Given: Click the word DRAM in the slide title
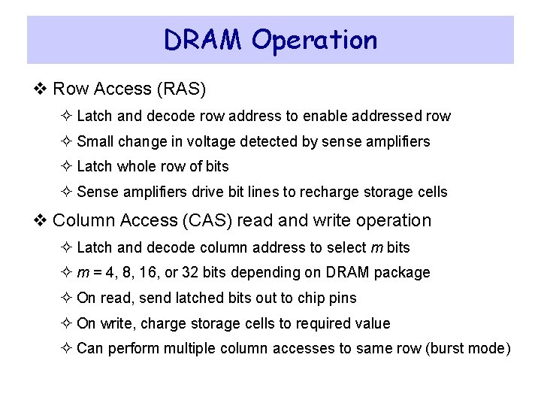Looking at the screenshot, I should click(x=204, y=40).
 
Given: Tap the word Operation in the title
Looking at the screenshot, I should click(x=315, y=41).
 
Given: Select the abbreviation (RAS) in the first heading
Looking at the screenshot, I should click(x=181, y=89).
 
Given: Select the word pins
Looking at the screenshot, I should click(x=343, y=298).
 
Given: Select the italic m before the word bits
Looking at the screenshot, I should click(x=376, y=247).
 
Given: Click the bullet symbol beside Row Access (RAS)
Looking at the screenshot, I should click(x=42, y=89).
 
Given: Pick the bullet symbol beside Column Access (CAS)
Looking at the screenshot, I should click(x=42, y=221).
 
